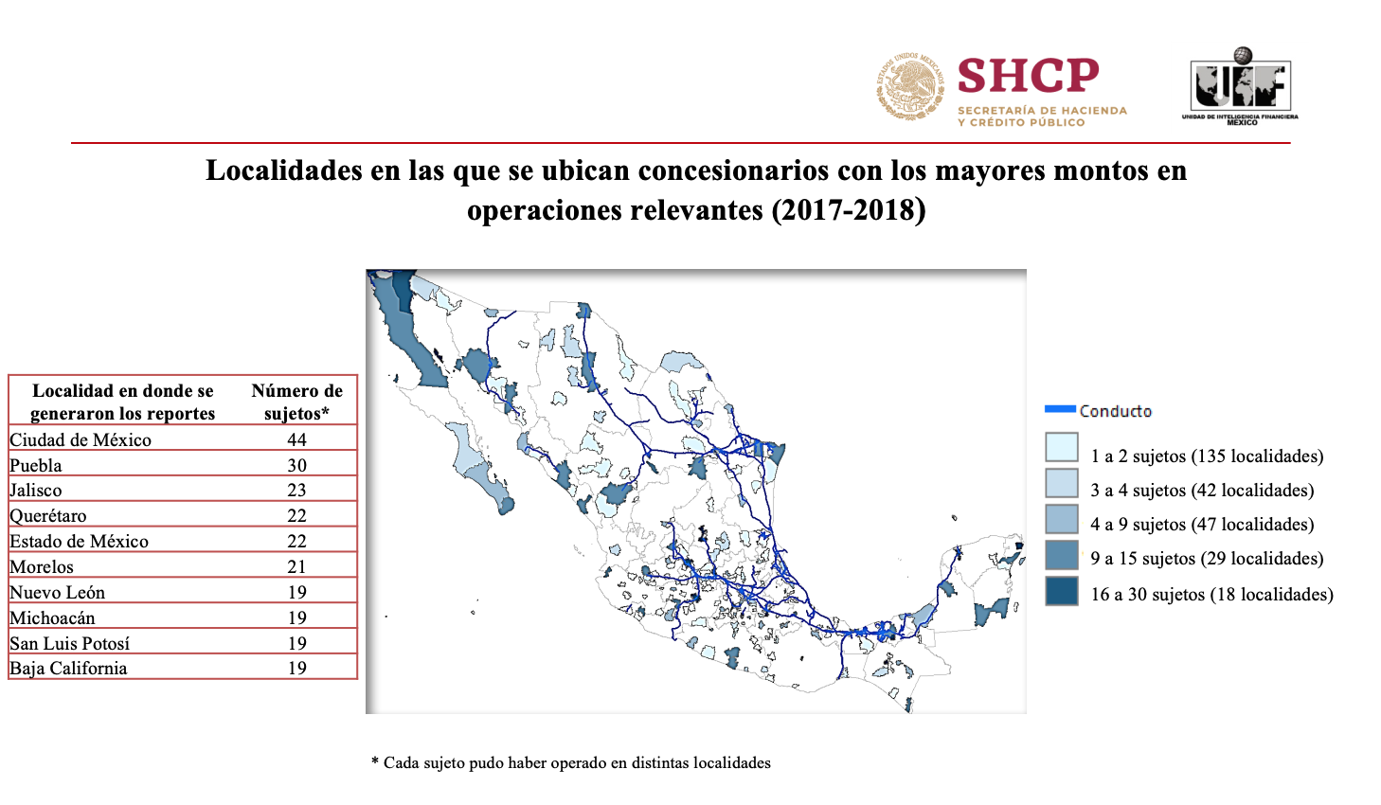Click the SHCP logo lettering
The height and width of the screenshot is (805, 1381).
[1028, 75]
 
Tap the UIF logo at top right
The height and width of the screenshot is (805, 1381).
[1240, 86]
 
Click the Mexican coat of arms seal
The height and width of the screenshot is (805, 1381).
[910, 85]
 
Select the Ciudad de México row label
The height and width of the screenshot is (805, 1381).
[81, 439]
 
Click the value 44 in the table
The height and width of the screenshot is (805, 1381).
[296, 439]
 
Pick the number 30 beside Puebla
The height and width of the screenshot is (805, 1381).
[296, 465]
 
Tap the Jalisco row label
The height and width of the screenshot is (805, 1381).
[36, 490]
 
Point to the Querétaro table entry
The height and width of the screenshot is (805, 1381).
[48, 516]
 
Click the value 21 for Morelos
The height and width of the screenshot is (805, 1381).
[296, 566]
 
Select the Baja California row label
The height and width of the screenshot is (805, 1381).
[68, 669]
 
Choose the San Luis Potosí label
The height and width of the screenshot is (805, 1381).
[70, 643]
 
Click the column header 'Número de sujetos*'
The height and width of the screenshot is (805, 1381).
[296, 402]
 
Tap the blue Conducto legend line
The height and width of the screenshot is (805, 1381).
[1060, 409]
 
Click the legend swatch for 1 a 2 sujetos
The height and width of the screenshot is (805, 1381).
[1062, 448]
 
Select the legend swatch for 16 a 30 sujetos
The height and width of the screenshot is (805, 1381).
[1062, 592]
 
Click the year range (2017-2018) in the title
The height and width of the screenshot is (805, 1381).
[849, 210]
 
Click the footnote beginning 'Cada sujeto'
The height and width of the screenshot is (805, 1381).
[571, 763]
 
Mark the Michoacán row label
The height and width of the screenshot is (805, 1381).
[52, 617]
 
